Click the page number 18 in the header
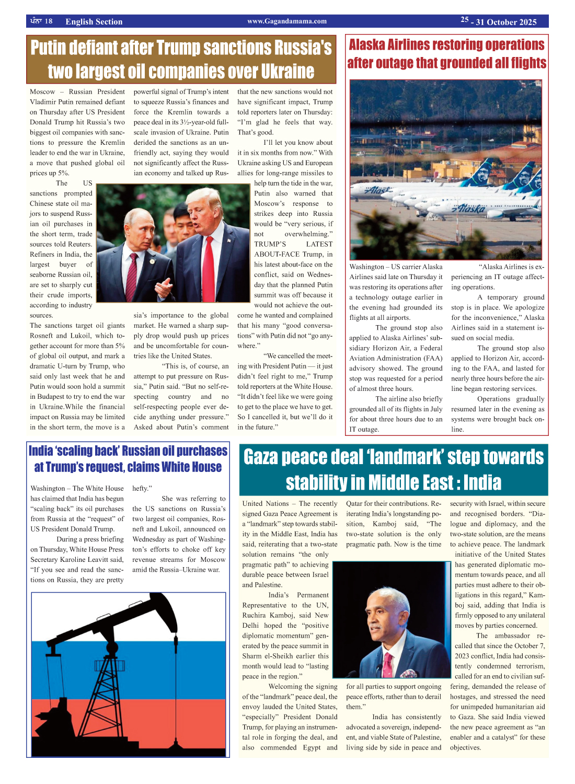coord(48,21)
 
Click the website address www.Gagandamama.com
coord(287,21)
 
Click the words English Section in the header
coord(94,21)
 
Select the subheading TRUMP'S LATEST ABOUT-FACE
coord(293,249)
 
